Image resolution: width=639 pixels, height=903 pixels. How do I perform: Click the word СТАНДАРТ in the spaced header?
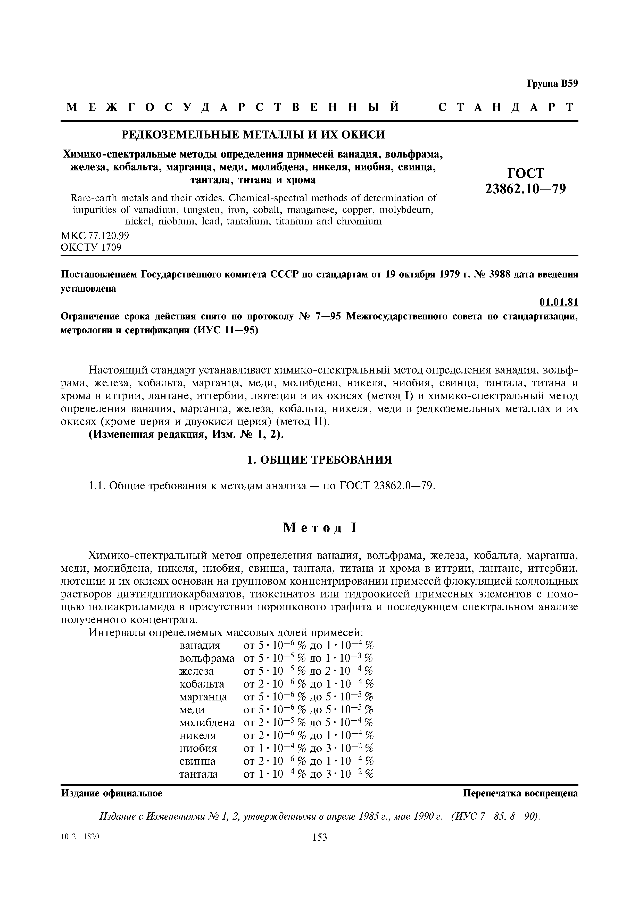click(x=506, y=107)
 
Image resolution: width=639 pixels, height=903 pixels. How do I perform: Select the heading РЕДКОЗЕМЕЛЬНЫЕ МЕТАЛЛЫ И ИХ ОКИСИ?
click(x=253, y=135)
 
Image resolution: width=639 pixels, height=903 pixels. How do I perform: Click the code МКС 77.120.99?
click(x=95, y=236)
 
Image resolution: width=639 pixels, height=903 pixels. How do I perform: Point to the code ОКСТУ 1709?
click(x=91, y=247)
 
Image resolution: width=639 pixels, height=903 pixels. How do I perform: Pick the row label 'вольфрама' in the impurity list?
click(x=207, y=658)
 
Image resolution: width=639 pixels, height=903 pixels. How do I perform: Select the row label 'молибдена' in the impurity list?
click(x=207, y=723)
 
